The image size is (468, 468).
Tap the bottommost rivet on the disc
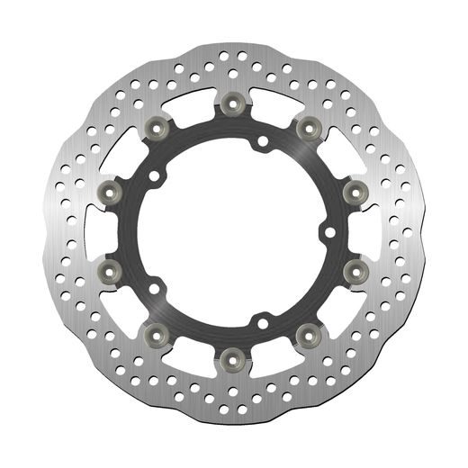[233, 353]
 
